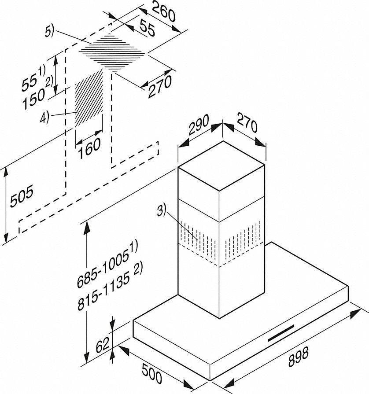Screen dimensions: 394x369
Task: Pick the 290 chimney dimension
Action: (198, 128)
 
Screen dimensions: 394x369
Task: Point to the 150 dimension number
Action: (35, 95)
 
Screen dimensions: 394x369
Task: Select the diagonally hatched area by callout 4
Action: (89, 97)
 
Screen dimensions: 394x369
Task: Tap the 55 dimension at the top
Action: (147, 31)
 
